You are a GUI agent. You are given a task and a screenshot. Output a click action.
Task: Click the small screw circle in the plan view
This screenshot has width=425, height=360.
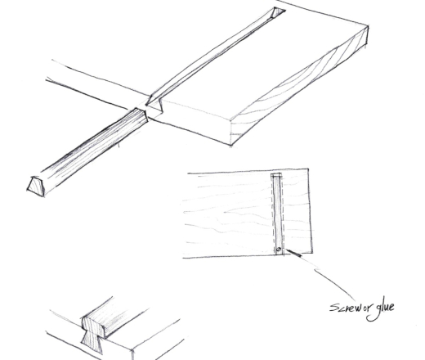(x=278, y=249)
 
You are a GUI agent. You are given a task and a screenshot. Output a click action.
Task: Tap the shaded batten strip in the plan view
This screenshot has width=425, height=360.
(x=277, y=213)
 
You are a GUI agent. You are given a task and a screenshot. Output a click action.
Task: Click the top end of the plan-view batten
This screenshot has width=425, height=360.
(x=276, y=176)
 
